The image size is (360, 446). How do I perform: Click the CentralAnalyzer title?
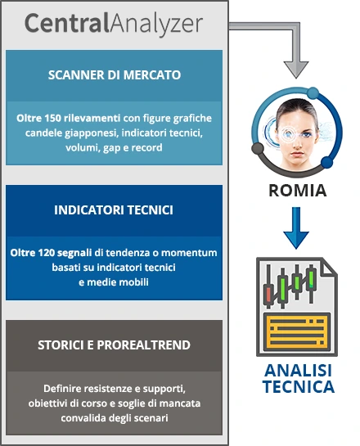[x=114, y=24]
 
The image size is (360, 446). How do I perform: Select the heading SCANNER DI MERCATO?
[x=115, y=75]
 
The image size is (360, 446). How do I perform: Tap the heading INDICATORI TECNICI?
[x=114, y=210]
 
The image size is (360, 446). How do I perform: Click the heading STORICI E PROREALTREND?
[x=114, y=345]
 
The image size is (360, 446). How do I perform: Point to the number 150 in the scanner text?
[x=52, y=118]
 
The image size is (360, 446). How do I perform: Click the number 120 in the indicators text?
[x=46, y=253]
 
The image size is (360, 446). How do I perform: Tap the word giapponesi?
[x=92, y=133]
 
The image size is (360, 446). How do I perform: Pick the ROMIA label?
[x=298, y=191]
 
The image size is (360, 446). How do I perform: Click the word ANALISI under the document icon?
[x=299, y=371]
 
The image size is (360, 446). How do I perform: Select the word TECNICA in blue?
[x=299, y=386]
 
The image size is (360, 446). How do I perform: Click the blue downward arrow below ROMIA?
[x=296, y=228]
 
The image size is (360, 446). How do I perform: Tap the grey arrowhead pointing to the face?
[x=296, y=69]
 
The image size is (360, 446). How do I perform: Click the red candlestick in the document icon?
[x=268, y=295]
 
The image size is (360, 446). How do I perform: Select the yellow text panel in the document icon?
[x=297, y=332]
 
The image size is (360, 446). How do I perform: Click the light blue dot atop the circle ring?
[x=313, y=92]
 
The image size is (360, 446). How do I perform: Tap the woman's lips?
[x=298, y=154]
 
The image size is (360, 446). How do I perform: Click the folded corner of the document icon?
[x=329, y=268]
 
